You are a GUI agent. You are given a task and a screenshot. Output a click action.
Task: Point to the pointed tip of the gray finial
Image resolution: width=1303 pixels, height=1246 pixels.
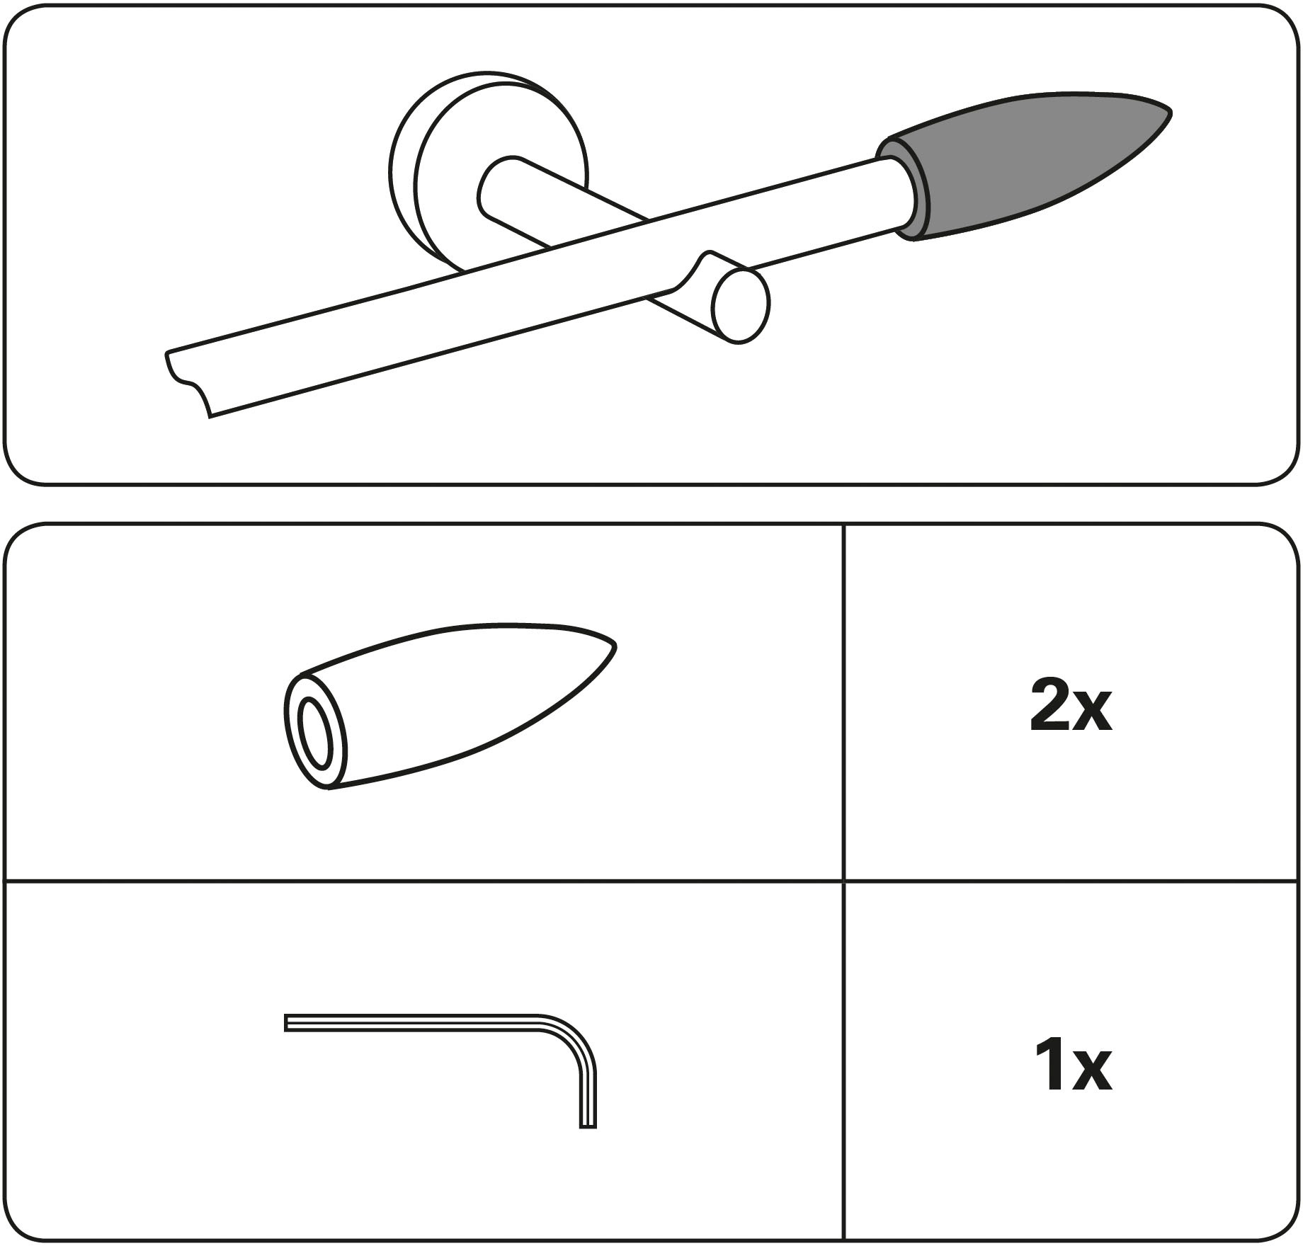tap(1170, 112)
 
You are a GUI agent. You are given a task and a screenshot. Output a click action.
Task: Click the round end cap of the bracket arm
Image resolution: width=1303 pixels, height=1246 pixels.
tap(741, 306)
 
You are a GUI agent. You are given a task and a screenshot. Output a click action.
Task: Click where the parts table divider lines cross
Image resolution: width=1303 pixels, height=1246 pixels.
tap(843, 881)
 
